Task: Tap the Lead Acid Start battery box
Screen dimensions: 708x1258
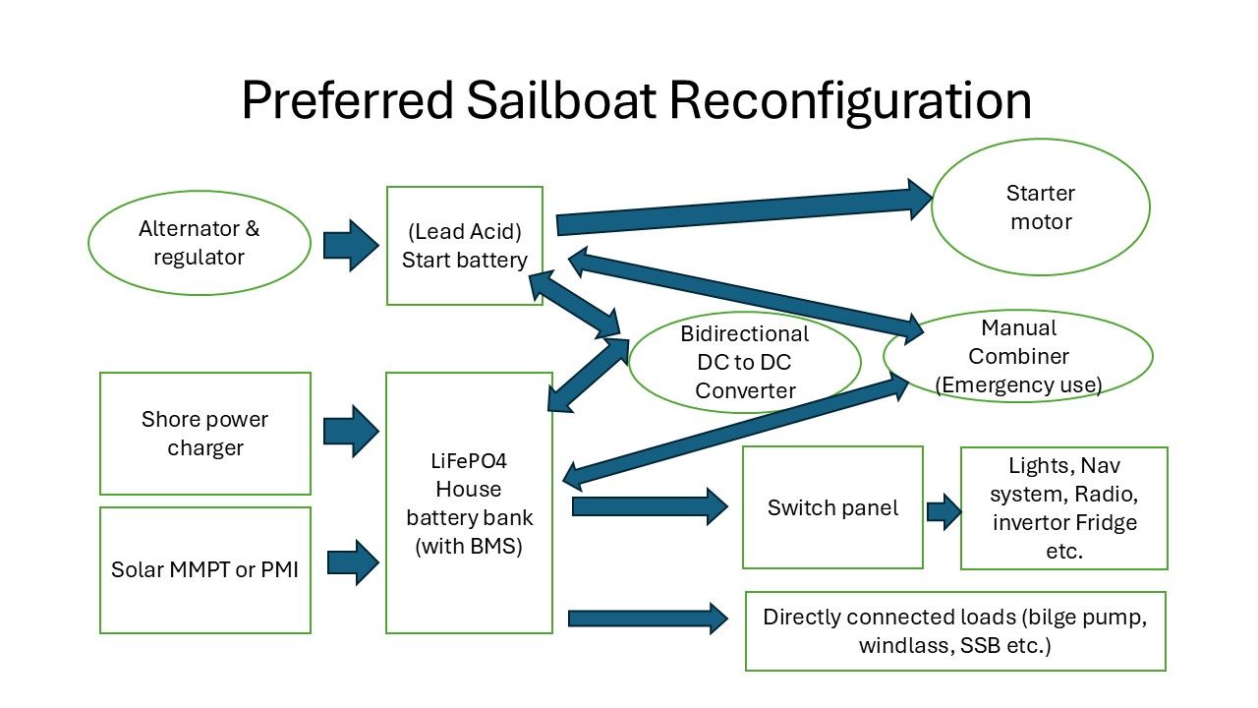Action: click(465, 246)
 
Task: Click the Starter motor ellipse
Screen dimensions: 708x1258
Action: click(1040, 206)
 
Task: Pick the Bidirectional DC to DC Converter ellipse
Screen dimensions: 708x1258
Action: click(744, 362)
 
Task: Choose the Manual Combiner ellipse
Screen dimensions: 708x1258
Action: click(1018, 356)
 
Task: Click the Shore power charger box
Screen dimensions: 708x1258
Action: click(205, 434)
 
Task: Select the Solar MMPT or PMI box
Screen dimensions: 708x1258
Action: click(205, 569)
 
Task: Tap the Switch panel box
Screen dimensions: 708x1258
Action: click(832, 507)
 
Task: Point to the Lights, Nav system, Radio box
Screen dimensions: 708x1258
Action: click(1063, 508)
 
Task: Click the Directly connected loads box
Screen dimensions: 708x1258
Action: click(955, 631)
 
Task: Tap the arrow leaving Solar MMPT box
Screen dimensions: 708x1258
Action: click(352, 562)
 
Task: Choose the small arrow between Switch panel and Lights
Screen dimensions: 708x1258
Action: click(943, 510)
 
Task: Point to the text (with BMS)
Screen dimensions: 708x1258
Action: click(468, 546)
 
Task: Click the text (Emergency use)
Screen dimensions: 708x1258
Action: click(1018, 384)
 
